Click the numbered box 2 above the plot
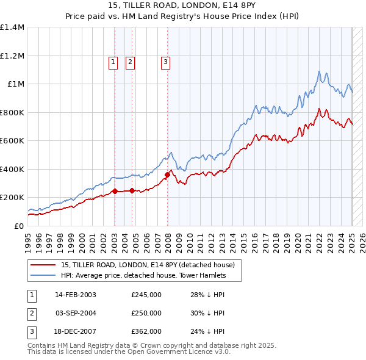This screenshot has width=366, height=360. point(131,61)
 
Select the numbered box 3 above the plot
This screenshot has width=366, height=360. point(165,61)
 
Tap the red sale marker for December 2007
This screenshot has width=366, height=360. point(167,175)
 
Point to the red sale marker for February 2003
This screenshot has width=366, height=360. point(115,192)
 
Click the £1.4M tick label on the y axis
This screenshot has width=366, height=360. point(12,27)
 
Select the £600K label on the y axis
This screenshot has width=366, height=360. point(12,141)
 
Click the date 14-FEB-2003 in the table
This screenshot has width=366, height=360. point(76,295)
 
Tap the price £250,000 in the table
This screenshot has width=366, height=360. point(146,313)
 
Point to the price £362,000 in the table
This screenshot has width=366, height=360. point(146,331)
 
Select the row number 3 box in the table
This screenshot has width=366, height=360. point(31,331)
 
